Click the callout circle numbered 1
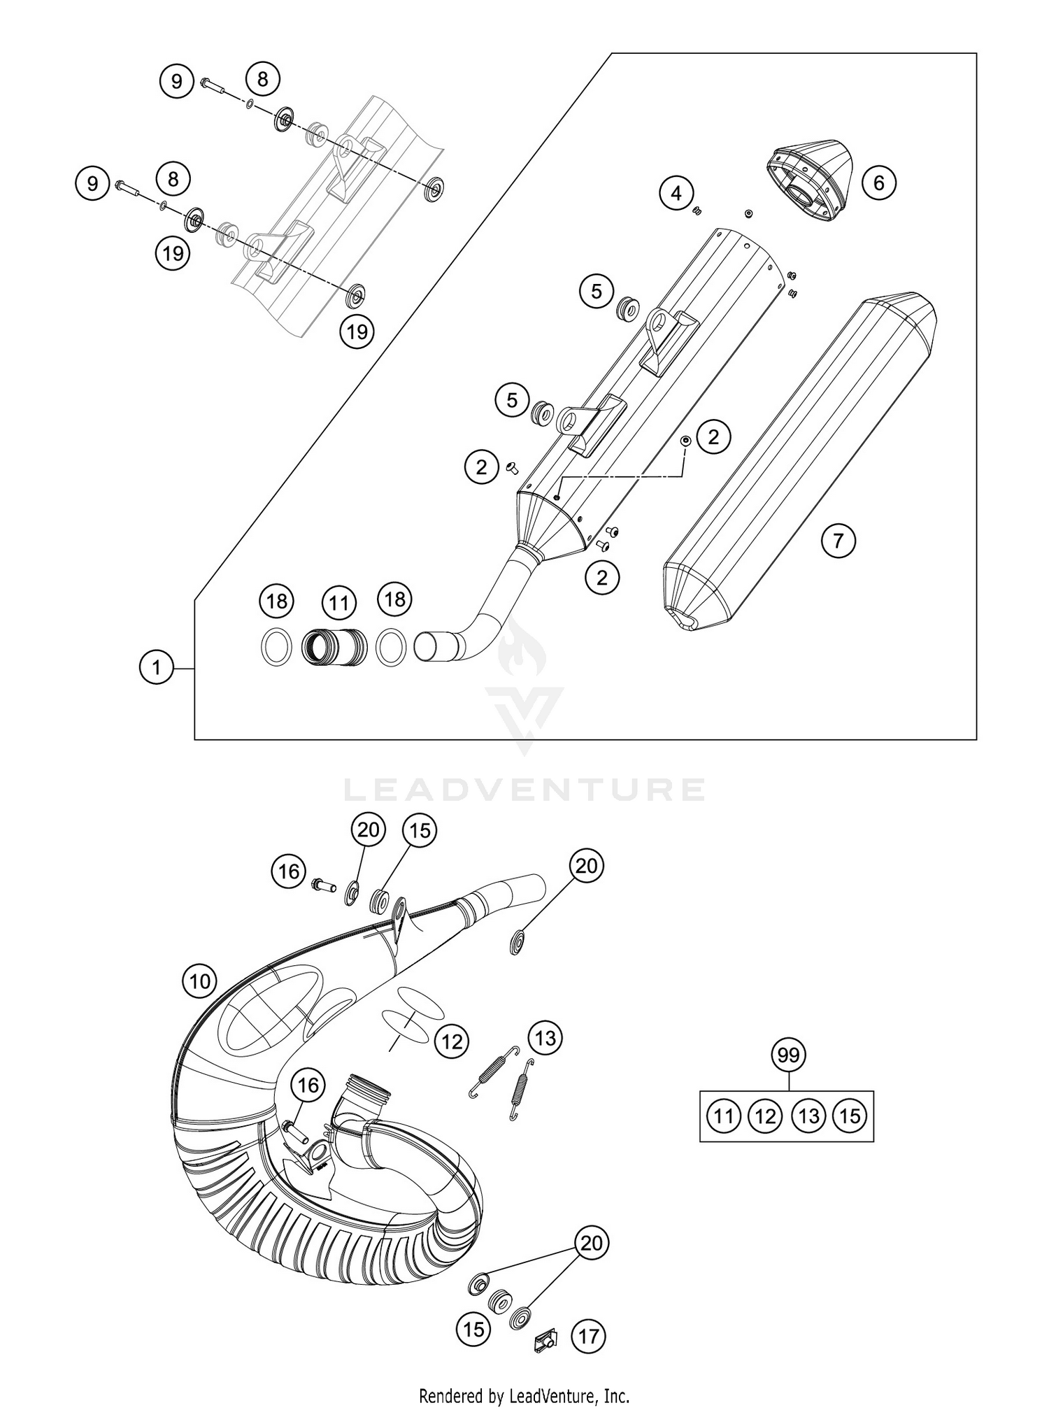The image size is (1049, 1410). pyautogui.click(x=157, y=668)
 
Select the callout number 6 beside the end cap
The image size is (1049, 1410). pyautogui.click(x=878, y=183)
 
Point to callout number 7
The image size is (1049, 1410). pyautogui.click(x=839, y=540)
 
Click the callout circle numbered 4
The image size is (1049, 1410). pyautogui.click(x=676, y=192)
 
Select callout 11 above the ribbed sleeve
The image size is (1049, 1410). pyautogui.click(x=339, y=602)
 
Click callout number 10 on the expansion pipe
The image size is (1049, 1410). pyautogui.click(x=200, y=982)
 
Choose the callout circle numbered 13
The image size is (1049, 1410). pyautogui.click(x=545, y=1038)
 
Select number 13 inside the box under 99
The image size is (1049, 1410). pyautogui.click(x=808, y=1116)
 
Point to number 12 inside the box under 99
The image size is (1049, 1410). pyautogui.click(x=766, y=1116)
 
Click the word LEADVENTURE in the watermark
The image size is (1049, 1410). pyautogui.click(x=524, y=790)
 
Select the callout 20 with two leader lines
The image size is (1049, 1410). pyautogui.click(x=592, y=1244)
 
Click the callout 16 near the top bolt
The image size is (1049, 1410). pyautogui.click(x=289, y=871)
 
